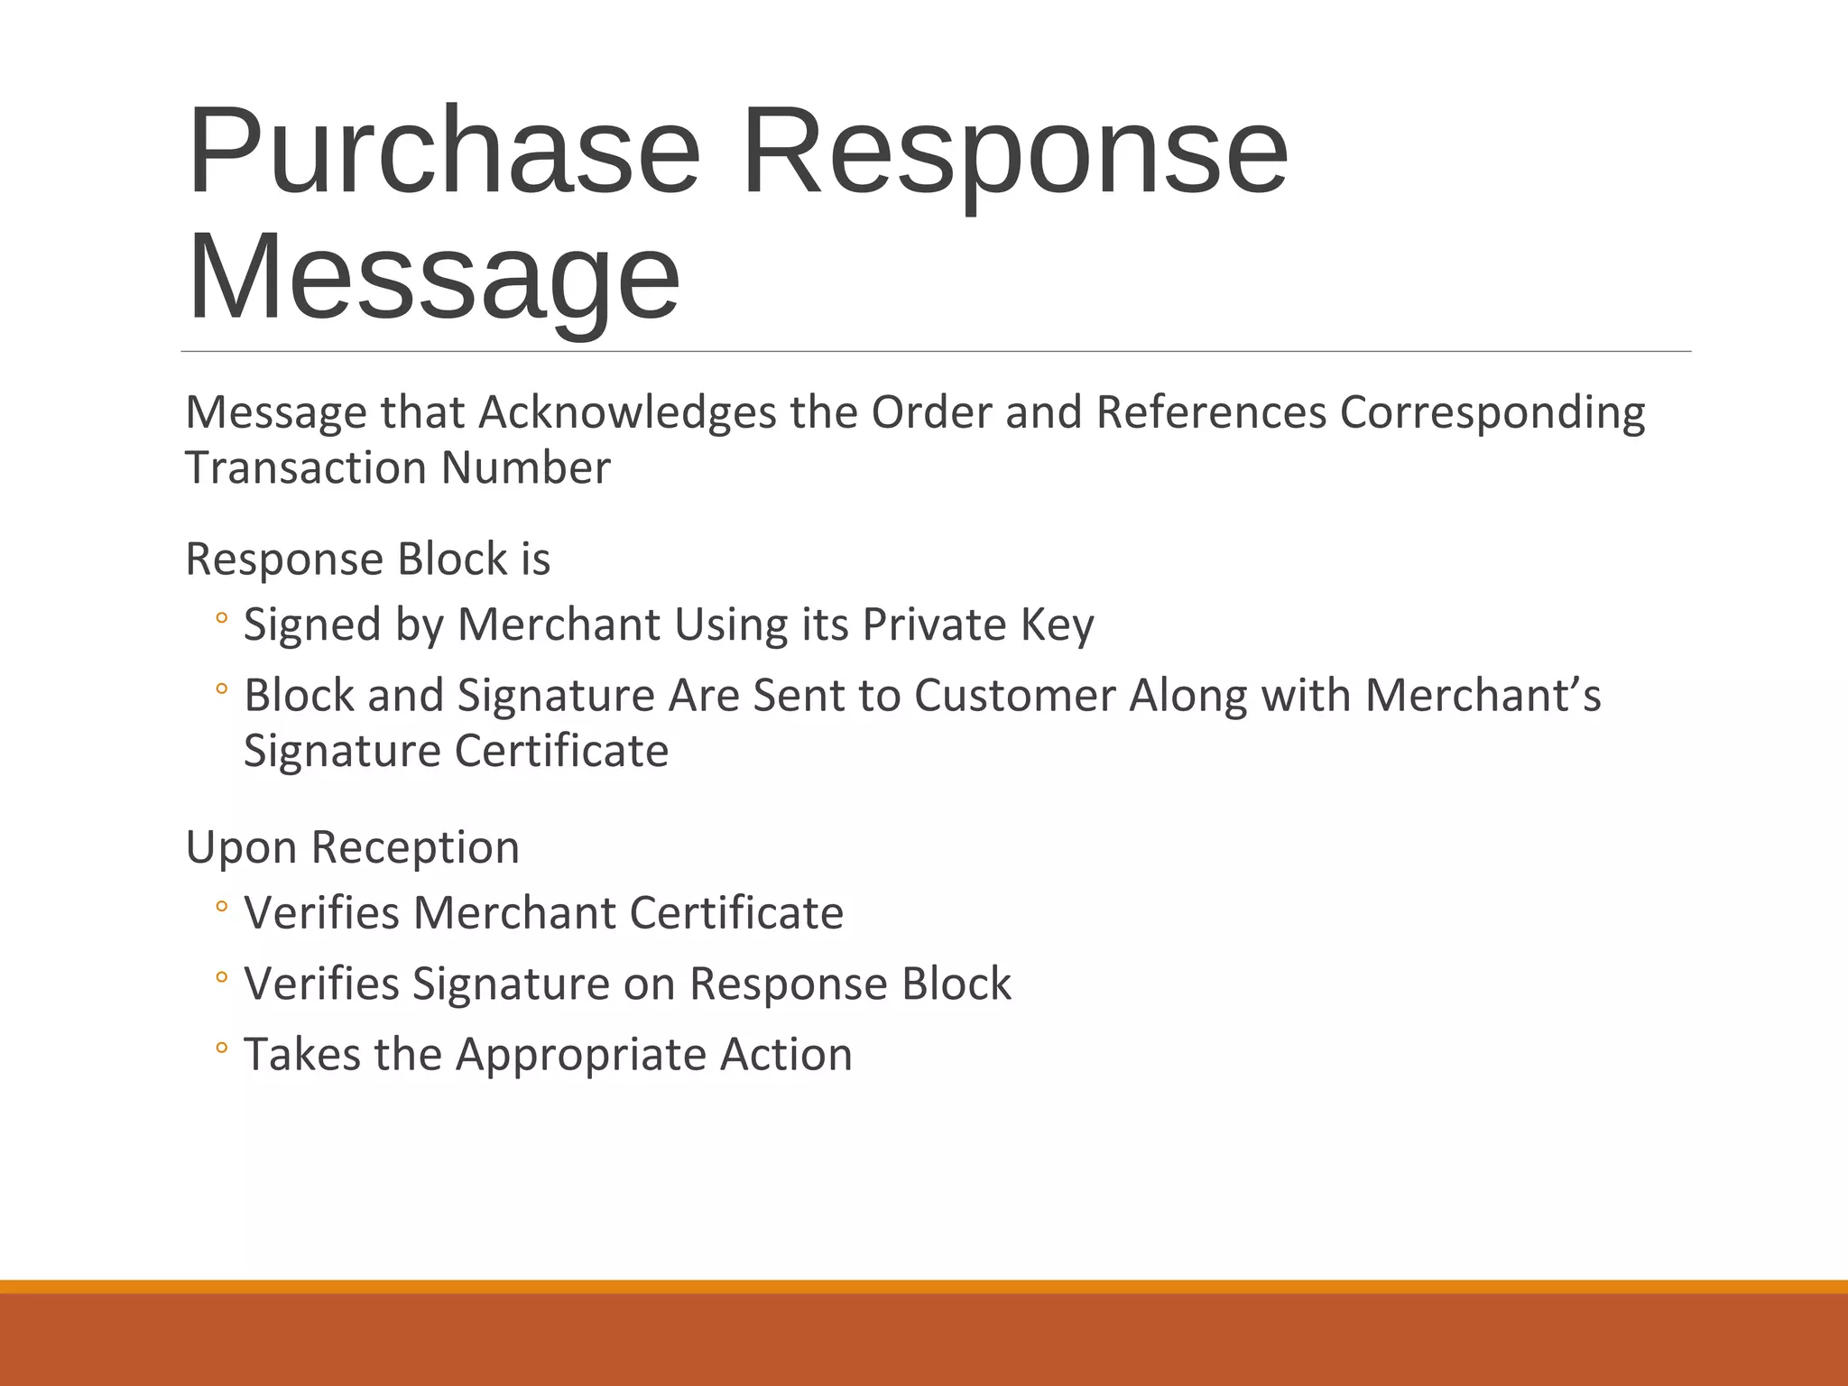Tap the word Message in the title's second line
pyautogui.click(x=433, y=278)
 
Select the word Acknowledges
pyautogui.click(x=627, y=413)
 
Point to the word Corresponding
pyautogui.click(x=1492, y=413)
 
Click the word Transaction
pyautogui.click(x=306, y=468)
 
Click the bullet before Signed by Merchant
pyautogui.click(x=222, y=620)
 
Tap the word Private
pyautogui.click(x=934, y=624)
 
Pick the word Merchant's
pyautogui.click(x=1483, y=696)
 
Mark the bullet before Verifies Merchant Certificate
pyautogui.click(x=222, y=908)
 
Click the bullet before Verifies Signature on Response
pyautogui.click(x=222, y=978)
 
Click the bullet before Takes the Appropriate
pyautogui.click(x=222, y=1049)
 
